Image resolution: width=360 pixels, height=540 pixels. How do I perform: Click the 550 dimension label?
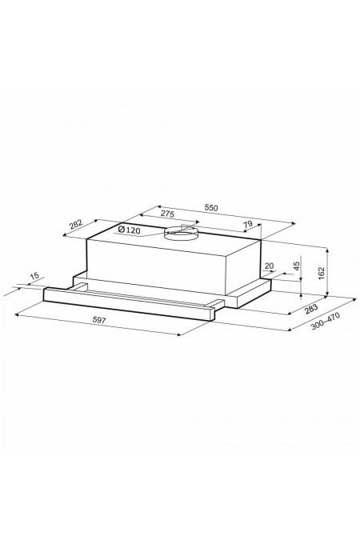[211, 208]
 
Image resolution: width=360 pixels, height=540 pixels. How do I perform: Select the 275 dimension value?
[167, 214]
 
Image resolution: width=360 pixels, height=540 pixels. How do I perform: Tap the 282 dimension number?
[76, 224]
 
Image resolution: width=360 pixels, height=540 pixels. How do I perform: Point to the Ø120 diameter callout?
[129, 230]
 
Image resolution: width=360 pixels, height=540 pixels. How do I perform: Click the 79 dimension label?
[248, 224]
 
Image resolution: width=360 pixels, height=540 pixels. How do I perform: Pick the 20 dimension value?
[269, 266]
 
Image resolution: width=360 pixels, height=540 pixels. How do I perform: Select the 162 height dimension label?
[322, 273]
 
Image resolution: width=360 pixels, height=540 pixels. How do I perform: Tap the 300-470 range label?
[326, 321]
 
